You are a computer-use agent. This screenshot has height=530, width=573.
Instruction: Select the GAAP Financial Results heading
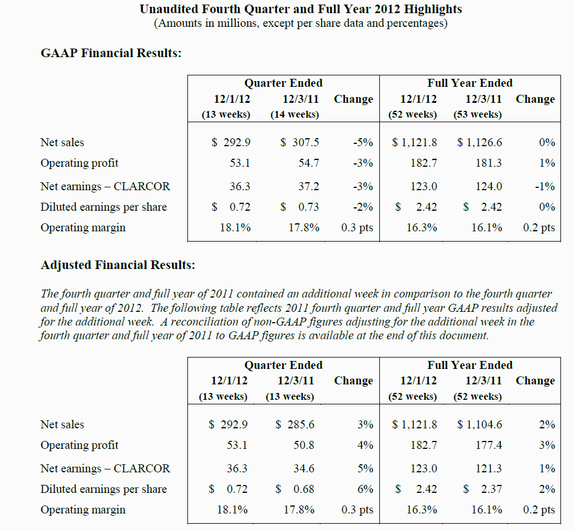(111, 53)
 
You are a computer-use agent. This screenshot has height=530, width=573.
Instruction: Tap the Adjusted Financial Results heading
(118, 265)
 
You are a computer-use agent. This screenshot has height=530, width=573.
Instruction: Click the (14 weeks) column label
(295, 114)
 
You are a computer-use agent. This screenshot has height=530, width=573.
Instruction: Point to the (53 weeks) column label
(478, 114)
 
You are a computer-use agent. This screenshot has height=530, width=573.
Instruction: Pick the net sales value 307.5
(306, 142)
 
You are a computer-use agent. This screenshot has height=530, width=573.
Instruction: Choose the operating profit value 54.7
(308, 163)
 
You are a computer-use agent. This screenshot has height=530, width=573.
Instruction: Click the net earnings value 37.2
(308, 186)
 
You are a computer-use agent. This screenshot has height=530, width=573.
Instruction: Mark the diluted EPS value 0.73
(308, 207)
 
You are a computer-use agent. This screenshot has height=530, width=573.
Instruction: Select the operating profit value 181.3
(488, 163)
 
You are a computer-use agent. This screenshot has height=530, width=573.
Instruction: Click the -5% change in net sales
(363, 142)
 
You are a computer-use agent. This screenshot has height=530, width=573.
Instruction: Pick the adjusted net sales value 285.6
(300, 424)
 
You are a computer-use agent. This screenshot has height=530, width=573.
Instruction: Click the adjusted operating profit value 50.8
(304, 445)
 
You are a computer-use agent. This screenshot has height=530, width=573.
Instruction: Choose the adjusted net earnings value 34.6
(304, 468)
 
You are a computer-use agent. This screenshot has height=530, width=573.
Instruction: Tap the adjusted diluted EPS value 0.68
(304, 489)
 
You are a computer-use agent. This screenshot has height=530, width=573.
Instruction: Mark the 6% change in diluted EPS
(366, 489)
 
